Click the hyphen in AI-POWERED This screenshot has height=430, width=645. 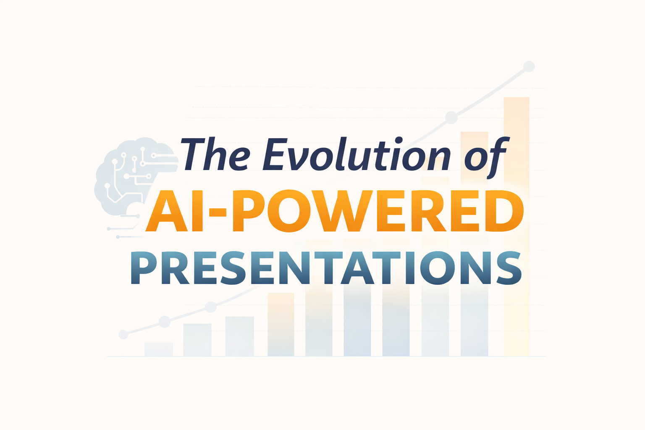pos(218,212)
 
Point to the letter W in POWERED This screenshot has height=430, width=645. pos(342,211)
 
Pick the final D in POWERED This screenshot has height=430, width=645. pos(504,211)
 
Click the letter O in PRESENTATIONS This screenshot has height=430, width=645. pos(438,268)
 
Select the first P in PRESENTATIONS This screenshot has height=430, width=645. pos(143,268)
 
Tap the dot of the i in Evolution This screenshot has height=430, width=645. pos(399,140)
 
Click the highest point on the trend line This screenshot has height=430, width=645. pos(529,66)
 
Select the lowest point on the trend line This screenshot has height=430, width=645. pos(123,334)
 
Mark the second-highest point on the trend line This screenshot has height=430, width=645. pos(451,117)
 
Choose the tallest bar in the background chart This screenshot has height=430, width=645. pos(516,227)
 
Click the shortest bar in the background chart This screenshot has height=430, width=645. pos(159,349)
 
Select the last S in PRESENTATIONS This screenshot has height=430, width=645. pos(509,268)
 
